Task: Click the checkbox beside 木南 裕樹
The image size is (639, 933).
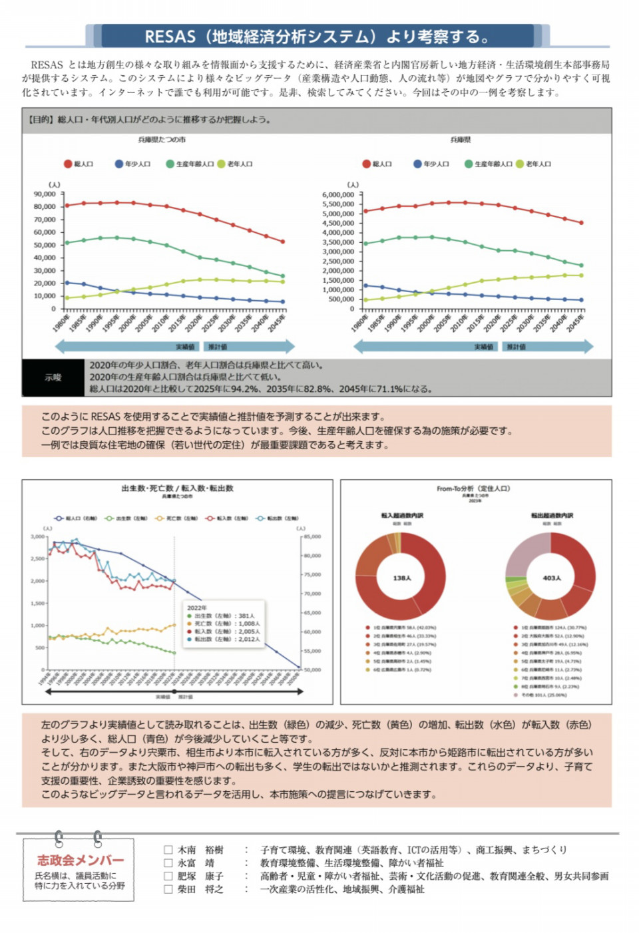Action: (x=168, y=850)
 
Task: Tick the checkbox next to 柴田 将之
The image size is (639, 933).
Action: (x=168, y=889)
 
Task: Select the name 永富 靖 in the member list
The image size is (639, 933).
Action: (x=196, y=863)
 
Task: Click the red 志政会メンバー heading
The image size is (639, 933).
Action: (x=81, y=860)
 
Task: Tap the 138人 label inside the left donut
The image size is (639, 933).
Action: (x=402, y=578)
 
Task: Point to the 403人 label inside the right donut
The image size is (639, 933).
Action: (x=552, y=578)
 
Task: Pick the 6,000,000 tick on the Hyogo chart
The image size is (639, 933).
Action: (x=338, y=195)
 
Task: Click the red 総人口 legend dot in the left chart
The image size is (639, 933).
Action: (x=68, y=164)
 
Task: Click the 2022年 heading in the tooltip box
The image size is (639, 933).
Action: (x=197, y=608)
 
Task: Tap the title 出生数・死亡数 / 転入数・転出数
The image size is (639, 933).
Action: (x=177, y=488)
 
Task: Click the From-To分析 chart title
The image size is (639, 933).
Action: (x=473, y=488)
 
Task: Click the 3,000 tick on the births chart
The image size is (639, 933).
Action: (x=37, y=536)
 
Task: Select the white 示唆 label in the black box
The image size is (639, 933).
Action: (x=53, y=377)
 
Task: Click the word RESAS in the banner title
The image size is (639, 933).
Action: (x=170, y=36)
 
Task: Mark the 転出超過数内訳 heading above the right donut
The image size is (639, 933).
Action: (x=552, y=516)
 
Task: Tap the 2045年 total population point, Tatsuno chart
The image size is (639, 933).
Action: (x=282, y=242)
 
